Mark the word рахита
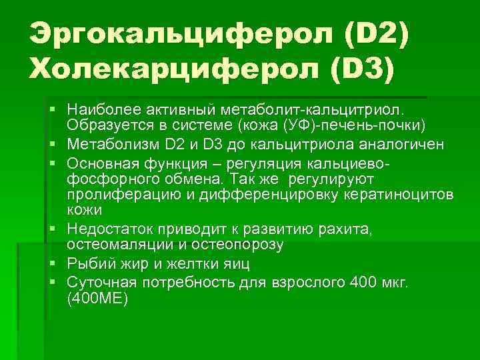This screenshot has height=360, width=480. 349,229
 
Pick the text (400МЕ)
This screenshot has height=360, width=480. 98,299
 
